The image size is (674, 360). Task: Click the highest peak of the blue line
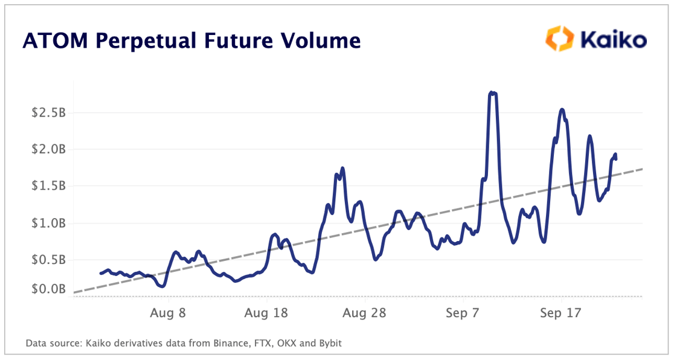[492, 92]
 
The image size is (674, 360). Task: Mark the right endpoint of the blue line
[615, 159]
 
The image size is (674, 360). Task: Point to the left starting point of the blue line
[101, 274]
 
